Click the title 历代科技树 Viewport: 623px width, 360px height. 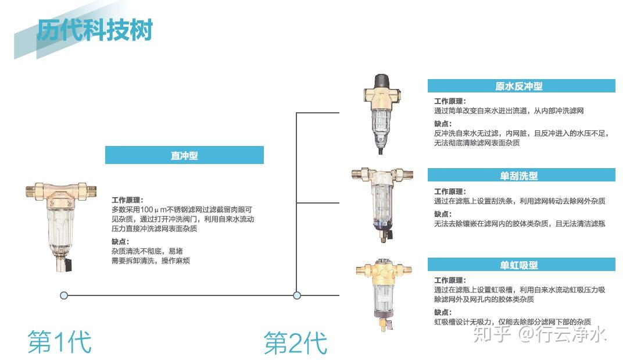point(95,30)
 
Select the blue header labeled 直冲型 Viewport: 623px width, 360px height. point(184,155)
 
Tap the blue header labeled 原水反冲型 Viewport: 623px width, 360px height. point(521,86)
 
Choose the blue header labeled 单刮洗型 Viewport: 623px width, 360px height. point(521,175)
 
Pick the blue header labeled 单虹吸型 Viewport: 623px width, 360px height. point(521,265)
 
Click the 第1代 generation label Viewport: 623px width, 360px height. point(60,342)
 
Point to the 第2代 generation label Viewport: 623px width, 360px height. point(296,343)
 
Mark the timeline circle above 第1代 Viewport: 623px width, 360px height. point(64,295)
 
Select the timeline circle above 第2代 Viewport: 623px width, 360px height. point(297,295)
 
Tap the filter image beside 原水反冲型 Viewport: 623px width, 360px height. point(381,114)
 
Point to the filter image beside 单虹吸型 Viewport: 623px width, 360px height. point(384,294)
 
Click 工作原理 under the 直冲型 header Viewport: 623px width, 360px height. point(127,199)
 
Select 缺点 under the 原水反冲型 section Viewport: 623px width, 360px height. point(443,123)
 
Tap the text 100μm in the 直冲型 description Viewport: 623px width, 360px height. point(153,209)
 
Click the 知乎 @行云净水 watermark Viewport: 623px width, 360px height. point(539,334)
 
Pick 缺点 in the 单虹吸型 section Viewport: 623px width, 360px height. point(443,312)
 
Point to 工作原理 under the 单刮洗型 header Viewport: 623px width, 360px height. point(450,191)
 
